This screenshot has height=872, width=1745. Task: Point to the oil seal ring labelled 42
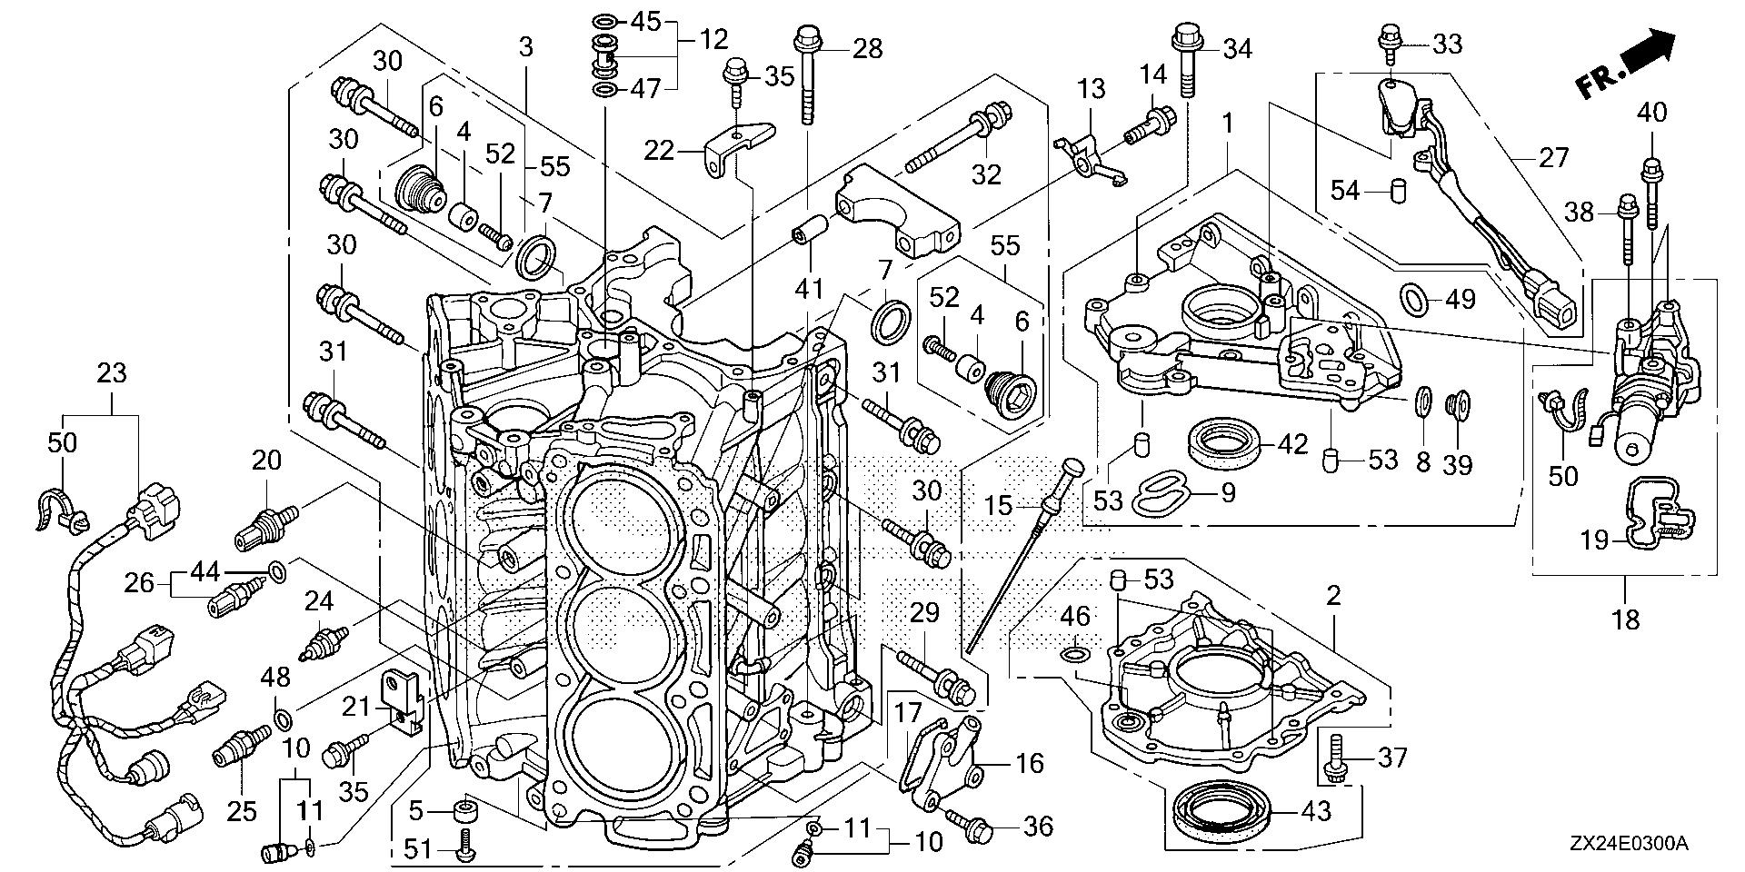[x=1225, y=440]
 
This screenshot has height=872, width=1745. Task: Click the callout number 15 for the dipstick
[x=999, y=505]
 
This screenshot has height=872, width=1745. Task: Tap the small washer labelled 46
[x=1073, y=652]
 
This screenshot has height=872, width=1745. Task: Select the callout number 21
[x=361, y=705]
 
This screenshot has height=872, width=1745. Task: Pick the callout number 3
[x=525, y=47]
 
